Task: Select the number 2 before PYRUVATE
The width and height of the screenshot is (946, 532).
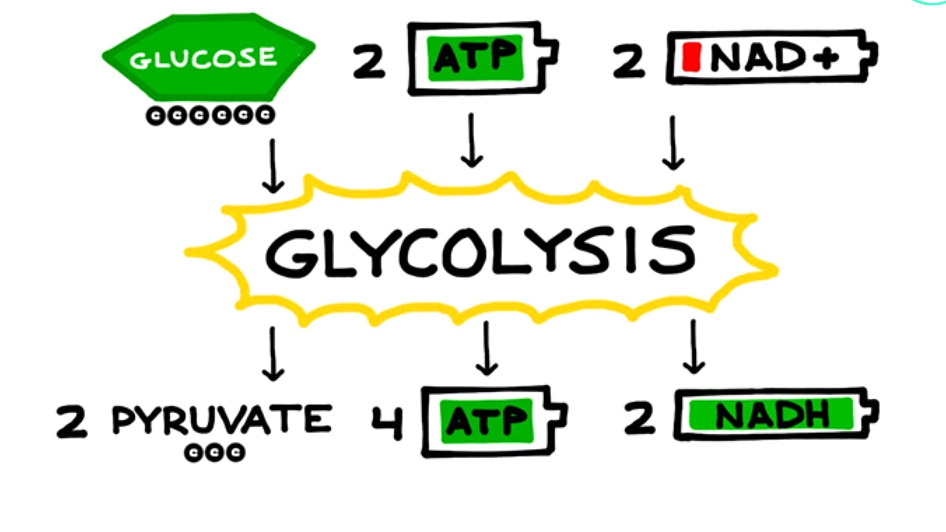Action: (x=72, y=421)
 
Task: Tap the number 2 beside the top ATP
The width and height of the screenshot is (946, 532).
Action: (x=369, y=62)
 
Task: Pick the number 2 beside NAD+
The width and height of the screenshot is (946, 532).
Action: (x=629, y=62)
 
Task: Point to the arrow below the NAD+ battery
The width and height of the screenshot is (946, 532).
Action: (x=673, y=143)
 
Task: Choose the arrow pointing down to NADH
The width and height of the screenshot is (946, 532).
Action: (x=694, y=347)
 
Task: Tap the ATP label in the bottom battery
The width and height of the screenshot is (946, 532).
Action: (x=487, y=421)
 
